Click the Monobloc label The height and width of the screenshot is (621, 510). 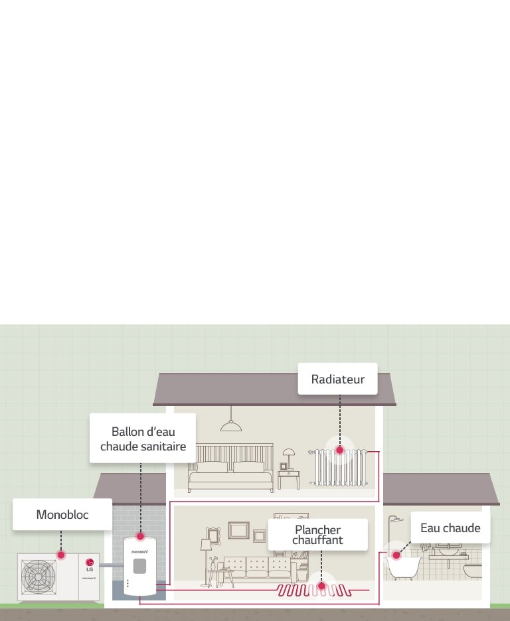(62, 514)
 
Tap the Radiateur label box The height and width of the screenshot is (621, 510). (337, 379)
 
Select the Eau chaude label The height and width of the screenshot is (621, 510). (450, 528)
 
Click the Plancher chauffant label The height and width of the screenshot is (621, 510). (317, 535)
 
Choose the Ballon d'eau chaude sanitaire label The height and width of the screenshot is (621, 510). (143, 439)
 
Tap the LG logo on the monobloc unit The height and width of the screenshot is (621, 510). (90, 565)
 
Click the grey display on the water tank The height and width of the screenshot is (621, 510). (139, 566)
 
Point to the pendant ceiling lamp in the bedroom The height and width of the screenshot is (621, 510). (231, 425)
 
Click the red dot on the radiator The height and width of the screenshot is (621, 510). (340, 450)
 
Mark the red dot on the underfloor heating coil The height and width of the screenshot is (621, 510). (321, 586)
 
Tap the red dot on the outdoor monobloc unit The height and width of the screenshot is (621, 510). (61, 554)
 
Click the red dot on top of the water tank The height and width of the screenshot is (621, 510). (140, 535)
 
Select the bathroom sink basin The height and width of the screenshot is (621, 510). (450, 550)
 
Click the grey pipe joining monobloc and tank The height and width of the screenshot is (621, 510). (112, 566)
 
